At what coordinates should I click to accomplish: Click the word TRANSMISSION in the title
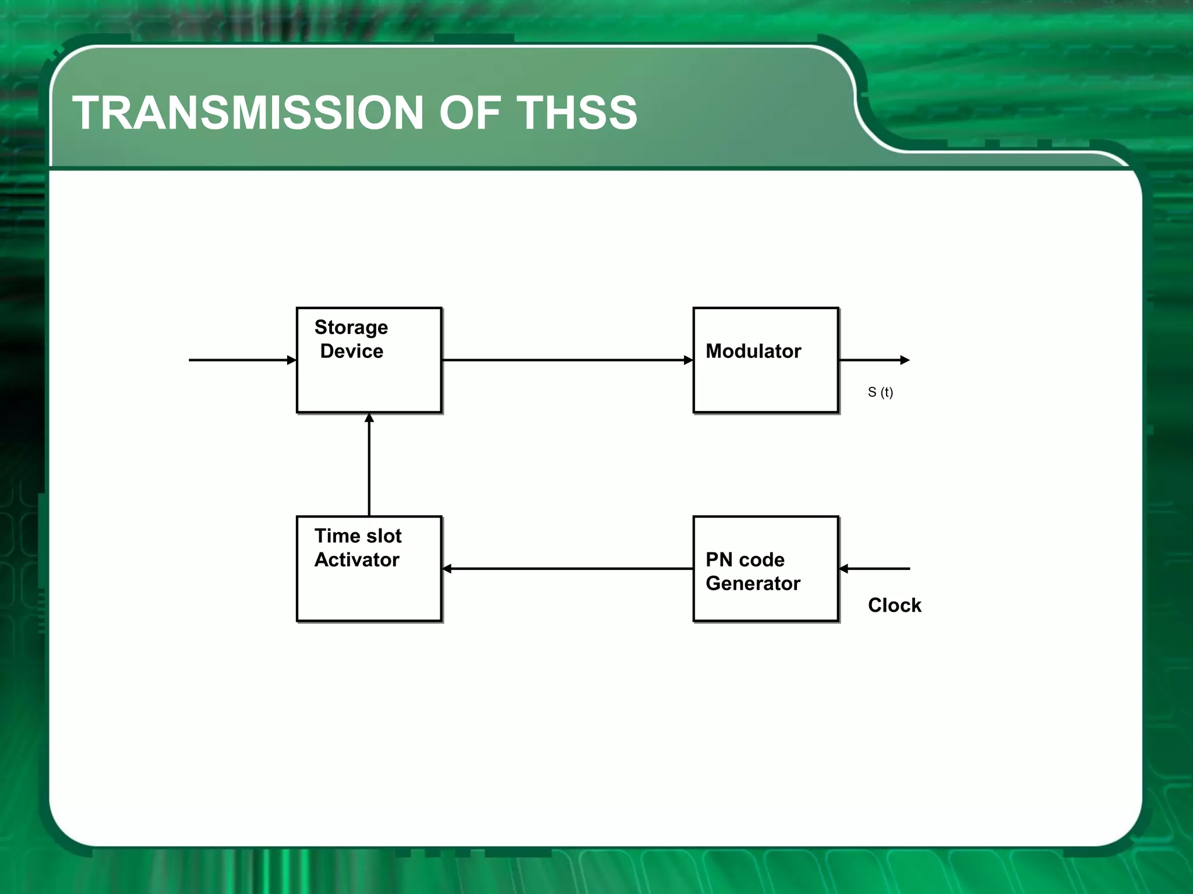[x=248, y=113]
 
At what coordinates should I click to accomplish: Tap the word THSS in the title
[x=577, y=113]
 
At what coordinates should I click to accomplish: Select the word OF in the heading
[x=470, y=113]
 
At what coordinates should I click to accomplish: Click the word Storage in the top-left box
[x=351, y=328]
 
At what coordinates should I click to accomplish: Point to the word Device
[x=352, y=352]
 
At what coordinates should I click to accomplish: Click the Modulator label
[x=753, y=352]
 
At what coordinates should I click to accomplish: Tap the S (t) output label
[x=880, y=392]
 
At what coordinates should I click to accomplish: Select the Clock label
[x=894, y=605]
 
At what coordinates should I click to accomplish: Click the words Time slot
[x=358, y=536]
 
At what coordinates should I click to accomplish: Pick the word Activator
[x=357, y=560]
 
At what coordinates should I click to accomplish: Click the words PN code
[x=745, y=560]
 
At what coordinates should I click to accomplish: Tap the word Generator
[x=753, y=584]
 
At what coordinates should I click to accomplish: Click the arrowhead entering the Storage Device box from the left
[x=292, y=360]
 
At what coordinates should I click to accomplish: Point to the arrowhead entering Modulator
[x=688, y=360]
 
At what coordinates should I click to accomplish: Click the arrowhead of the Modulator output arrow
[x=905, y=360]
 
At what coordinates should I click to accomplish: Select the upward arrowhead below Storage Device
[x=369, y=418]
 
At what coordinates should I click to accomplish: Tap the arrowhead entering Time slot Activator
[x=447, y=569]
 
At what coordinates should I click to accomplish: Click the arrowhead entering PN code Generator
[x=844, y=569]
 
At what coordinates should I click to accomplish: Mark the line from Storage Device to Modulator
[x=565, y=360]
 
